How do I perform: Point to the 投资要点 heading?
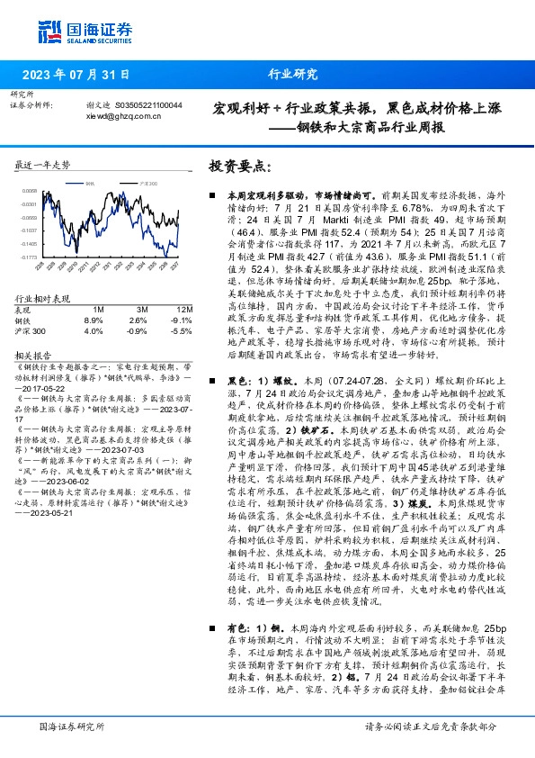[240, 166]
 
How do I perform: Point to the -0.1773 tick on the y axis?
[31, 256]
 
